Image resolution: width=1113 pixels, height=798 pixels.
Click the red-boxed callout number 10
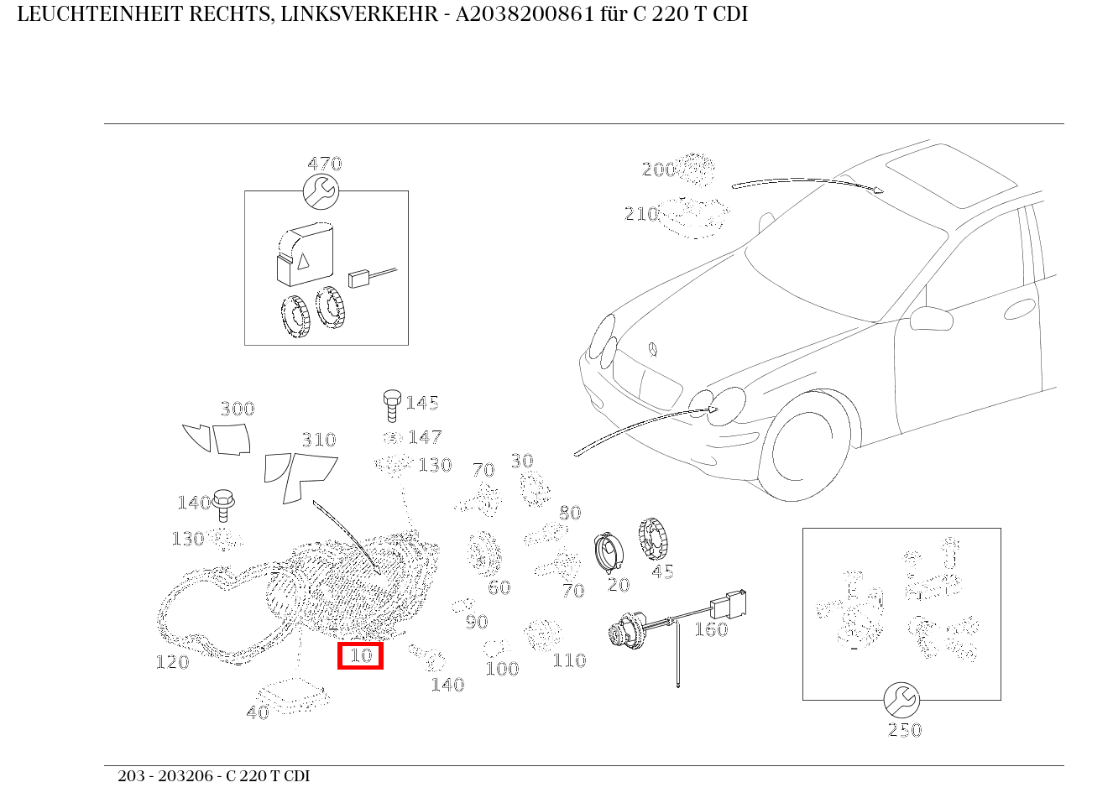360,655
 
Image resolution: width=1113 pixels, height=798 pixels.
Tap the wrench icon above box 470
321,192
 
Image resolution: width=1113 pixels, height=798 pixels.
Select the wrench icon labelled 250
901,700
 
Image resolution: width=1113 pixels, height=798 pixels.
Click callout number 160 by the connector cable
710,629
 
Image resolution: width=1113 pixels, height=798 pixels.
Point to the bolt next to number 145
391,404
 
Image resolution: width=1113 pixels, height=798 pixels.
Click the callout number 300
237,409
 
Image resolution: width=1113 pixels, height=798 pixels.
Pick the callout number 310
318,441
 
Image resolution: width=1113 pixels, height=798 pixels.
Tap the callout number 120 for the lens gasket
172,663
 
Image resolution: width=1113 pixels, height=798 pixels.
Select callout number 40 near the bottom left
257,712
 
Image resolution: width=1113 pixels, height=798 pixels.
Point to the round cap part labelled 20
608,553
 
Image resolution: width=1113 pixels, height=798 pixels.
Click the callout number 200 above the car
659,170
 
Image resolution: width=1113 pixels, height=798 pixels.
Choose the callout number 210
641,215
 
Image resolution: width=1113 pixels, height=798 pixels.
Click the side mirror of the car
931,319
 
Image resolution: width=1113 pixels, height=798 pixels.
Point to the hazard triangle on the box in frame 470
302,261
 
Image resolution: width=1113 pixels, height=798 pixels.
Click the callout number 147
425,438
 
